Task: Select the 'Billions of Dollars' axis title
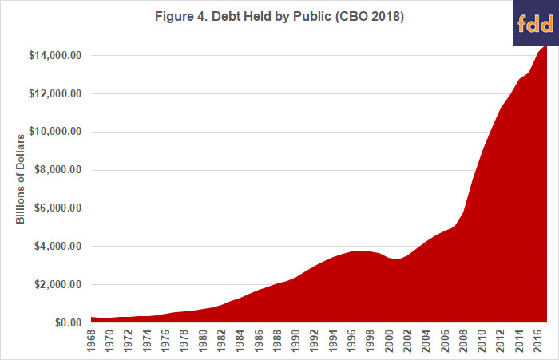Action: click(x=22, y=188)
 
